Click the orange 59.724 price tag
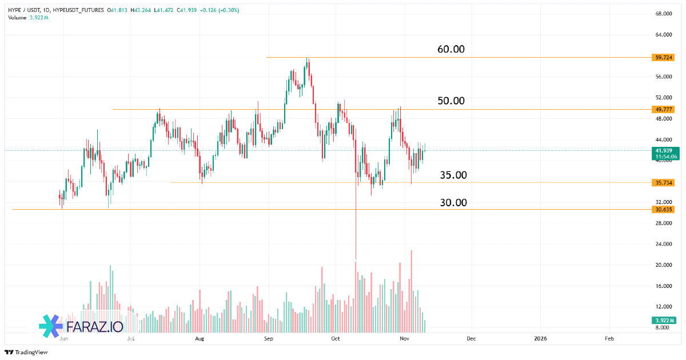click(x=664, y=57)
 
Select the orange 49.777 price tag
click(x=664, y=109)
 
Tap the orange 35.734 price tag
click(x=664, y=183)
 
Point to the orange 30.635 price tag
click(x=664, y=209)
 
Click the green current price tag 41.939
click(x=664, y=150)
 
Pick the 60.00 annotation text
click(x=451, y=49)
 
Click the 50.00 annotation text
click(x=451, y=101)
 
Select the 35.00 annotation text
click(x=453, y=175)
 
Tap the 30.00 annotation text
click(x=453, y=202)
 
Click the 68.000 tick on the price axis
click(x=663, y=14)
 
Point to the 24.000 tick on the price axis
click(x=663, y=244)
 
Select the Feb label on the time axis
click(x=609, y=338)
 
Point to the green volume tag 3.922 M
click(x=664, y=320)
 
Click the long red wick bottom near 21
click(x=356, y=258)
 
